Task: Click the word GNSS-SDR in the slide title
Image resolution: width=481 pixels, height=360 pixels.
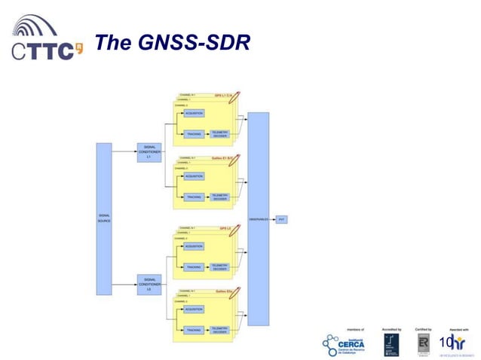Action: [x=194, y=44]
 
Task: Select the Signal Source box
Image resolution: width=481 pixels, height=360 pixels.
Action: [x=104, y=218]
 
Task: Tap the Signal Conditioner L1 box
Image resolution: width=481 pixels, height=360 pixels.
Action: [x=149, y=153]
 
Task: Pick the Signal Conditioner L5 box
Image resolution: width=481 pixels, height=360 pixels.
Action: [x=149, y=285]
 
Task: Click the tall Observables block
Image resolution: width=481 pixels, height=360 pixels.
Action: [x=258, y=218]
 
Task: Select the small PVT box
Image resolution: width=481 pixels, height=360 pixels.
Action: [x=282, y=218]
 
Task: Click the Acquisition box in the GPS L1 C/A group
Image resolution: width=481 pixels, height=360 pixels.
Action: [x=194, y=113]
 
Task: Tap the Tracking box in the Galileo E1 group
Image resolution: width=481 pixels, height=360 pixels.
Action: [x=194, y=197]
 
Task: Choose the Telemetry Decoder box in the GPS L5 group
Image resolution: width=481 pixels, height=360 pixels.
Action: [x=219, y=267]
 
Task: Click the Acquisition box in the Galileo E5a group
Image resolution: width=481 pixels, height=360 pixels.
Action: [x=194, y=309]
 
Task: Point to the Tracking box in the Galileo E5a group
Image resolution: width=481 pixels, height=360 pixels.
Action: [x=194, y=330]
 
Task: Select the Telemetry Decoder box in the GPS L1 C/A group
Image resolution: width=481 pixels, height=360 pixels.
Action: [x=219, y=133]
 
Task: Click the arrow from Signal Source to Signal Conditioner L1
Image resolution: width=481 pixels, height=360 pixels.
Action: [x=124, y=151]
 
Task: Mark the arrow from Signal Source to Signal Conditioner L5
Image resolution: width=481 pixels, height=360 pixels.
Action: [x=124, y=285]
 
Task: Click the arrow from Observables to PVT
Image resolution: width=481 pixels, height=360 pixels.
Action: [x=272, y=218]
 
